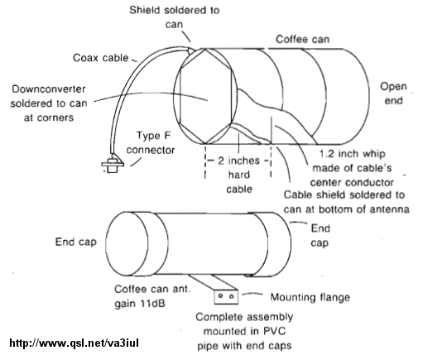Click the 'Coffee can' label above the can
coord(302,39)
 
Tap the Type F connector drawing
coord(113,164)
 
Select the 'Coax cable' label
coord(101,58)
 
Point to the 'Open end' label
coord(393,94)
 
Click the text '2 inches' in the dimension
coord(238,161)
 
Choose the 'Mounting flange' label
coord(310,297)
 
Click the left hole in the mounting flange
coord(220,296)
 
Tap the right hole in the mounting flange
coord(232,296)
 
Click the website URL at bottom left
coord(74,343)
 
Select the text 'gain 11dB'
coord(140,304)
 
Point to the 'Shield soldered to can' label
coord(175,17)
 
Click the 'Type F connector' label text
coord(151,143)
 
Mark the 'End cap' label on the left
coord(76,242)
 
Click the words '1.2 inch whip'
coord(352,153)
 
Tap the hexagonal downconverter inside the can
coord(205,96)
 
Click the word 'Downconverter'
coord(49,89)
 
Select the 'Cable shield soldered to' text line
coord(344,194)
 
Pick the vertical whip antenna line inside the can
coord(272,130)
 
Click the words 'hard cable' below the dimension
coord(239,182)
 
